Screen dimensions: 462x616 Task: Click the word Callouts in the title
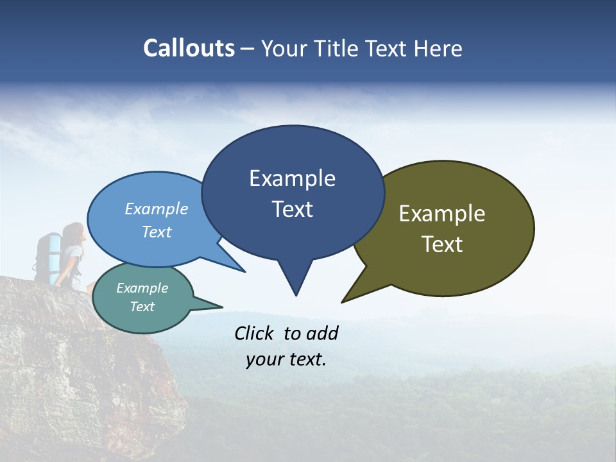189,49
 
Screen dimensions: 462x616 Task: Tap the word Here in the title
438,49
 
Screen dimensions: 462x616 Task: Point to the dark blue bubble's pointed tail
295,282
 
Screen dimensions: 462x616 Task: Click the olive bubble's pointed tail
356,293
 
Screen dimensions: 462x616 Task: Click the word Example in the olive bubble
442,214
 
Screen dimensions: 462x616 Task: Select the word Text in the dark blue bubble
293,209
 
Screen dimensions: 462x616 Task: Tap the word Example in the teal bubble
142,288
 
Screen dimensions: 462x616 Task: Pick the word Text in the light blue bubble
157,232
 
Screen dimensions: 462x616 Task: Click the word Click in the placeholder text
255,333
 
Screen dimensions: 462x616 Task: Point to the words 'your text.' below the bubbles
286,359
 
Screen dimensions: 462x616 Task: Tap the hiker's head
74,234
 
